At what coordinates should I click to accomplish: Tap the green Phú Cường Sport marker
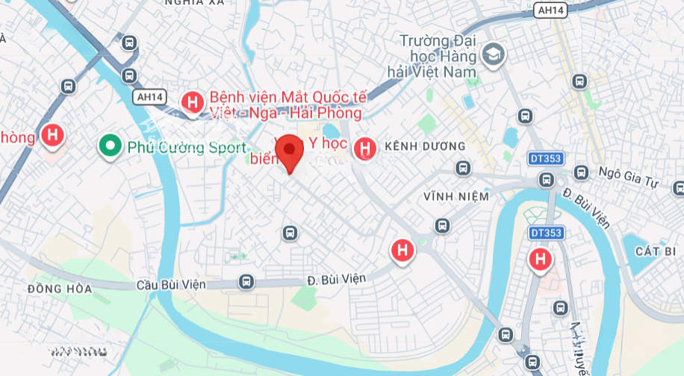point(110,146)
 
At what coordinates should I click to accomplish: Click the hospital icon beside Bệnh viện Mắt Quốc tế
point(193,101)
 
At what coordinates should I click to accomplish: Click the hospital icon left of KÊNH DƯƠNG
point(364,148)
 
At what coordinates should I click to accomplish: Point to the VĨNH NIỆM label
point(456,196)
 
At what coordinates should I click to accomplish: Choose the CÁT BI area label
point(655,251)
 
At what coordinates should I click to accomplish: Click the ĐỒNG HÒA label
point(59,289)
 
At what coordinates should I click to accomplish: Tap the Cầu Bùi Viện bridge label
point(181,284)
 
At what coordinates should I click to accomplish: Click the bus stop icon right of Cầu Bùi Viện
point(246,282)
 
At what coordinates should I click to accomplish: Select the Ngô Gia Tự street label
point(635,172)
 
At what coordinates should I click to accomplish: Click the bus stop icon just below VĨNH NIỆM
point(442,225)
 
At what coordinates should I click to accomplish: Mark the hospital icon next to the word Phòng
point(52,135)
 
